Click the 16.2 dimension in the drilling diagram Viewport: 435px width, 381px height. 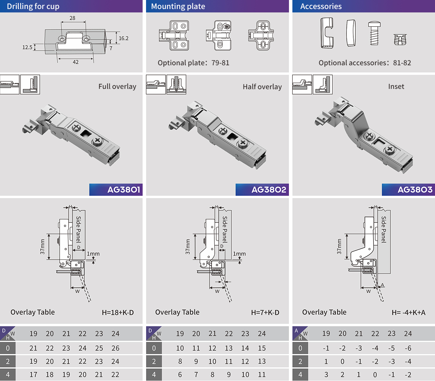pyautogui.click(x=124, y=38)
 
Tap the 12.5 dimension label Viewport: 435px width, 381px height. pyautogui.click(x=27, y=47)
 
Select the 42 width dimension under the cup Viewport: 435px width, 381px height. pyautogui.click(x=76, y=62)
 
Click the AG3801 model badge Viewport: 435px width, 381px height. pyautogui.click(x=116, y=190)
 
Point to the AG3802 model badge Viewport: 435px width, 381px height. pyautogui.click(x=262, y=190)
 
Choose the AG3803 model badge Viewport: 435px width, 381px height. pyautogui.click(x=408, y=190)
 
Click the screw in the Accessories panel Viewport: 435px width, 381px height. pyautogui.click(x=374, y=33)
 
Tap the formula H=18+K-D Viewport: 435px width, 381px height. pyautogui.click(x=118, y=313)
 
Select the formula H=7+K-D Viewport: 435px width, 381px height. pyautogui.click(x=265, y=313)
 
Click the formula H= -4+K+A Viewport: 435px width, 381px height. pyautogui.click(x=409, y=313)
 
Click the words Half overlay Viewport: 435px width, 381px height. pyautogui.click(x=262, y=87)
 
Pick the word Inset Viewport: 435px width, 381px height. pyautogui.click(x=396, y=86)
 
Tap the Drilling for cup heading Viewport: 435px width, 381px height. pyautogui.click(x=33, y=7)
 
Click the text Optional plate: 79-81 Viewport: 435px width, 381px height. pyautogui.click(x=194, y=63)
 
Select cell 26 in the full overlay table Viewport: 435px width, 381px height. pyautogui.click(x=116, y=348)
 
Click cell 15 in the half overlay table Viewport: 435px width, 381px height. pyautogui.click(x=262, y=348)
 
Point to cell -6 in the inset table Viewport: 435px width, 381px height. pyautogui.click(x=408, y=348)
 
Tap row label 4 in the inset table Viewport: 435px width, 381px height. pyautogui.click(x=300, y=374)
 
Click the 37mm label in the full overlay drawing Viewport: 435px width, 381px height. pyautogui.click(x=42, y=247)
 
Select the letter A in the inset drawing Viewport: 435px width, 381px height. pyautogui.click(x=382, y=285)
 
